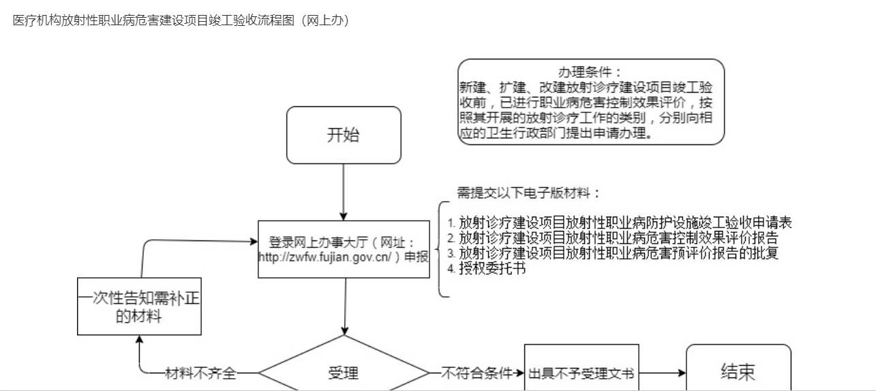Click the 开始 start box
(x=344, y=135)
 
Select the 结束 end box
(x=738, y=368)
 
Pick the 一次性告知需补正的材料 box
(x=139, y=307)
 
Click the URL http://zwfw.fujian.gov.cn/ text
(x=324, y=257)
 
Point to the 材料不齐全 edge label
(x=200, y=373)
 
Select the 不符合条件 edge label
(x=477, y=373)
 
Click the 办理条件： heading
(x=590, y=72)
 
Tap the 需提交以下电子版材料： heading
(x=529, y=193)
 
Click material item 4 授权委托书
(x=487, y=268)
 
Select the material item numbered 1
(x=620, y=223)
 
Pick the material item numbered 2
(x=613, y=238)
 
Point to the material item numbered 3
(x=613, y=253)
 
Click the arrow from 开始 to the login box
(x=344, y=192)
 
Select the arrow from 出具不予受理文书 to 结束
(x=663, y=373)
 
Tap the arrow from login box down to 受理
(x=345, y=307)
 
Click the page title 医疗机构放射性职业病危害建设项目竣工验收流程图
(x=153, y=20)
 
